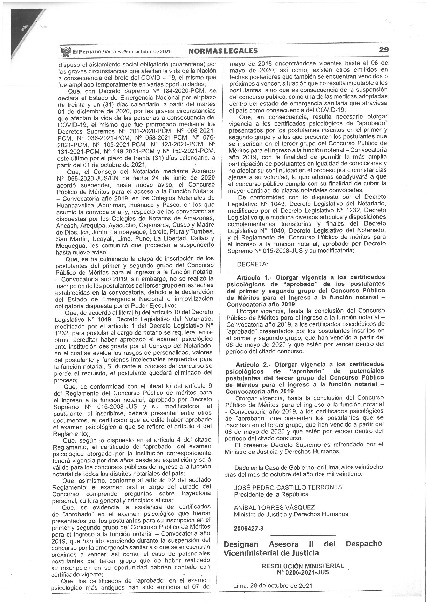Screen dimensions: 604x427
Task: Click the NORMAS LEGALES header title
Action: click(223, 51)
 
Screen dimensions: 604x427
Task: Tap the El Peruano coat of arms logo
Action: click(66, 51)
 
